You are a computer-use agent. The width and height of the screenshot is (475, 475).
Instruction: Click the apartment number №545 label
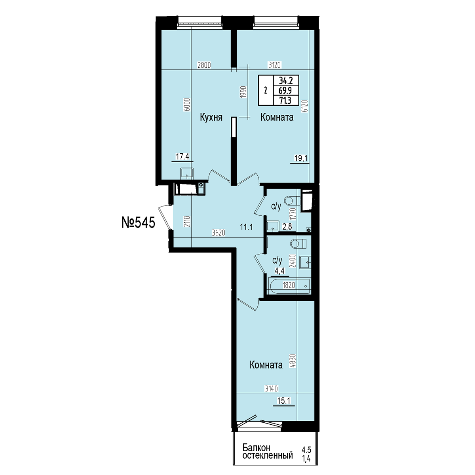click(x=138, y=222)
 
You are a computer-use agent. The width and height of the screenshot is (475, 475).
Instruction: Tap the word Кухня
click(x=211, y=117)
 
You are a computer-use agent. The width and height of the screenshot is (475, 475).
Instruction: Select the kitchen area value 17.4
click(x=182, y=156)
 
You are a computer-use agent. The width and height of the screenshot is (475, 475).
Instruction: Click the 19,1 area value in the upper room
click(x=301, y=158)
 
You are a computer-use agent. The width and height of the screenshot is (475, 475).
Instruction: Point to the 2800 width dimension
click(x=204, y=65)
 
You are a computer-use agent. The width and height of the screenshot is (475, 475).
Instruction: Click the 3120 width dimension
click(x=275, y=65)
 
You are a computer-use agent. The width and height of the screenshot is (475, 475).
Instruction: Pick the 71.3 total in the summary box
click(x=285, y=101)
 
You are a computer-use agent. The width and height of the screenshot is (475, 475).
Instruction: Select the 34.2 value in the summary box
click(x=285, y=81)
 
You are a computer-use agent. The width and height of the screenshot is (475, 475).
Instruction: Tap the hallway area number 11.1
click(x=247, y=227)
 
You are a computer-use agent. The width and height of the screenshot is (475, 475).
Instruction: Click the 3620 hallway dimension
click(x=218, y=232)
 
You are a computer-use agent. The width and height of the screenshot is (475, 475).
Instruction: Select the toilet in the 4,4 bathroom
click(x=298, y=244)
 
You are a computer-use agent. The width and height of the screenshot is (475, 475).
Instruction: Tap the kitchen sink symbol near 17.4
click(x=187, y=173)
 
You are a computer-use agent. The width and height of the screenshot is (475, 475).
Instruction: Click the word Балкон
click(x=256, y=454)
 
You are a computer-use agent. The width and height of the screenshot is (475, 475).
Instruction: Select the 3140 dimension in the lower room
click(x=271, y=389)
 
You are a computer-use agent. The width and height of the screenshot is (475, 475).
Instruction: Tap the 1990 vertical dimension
click(x=243, y=92)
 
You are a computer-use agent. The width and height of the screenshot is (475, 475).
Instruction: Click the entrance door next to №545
click(x=164, y=217)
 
